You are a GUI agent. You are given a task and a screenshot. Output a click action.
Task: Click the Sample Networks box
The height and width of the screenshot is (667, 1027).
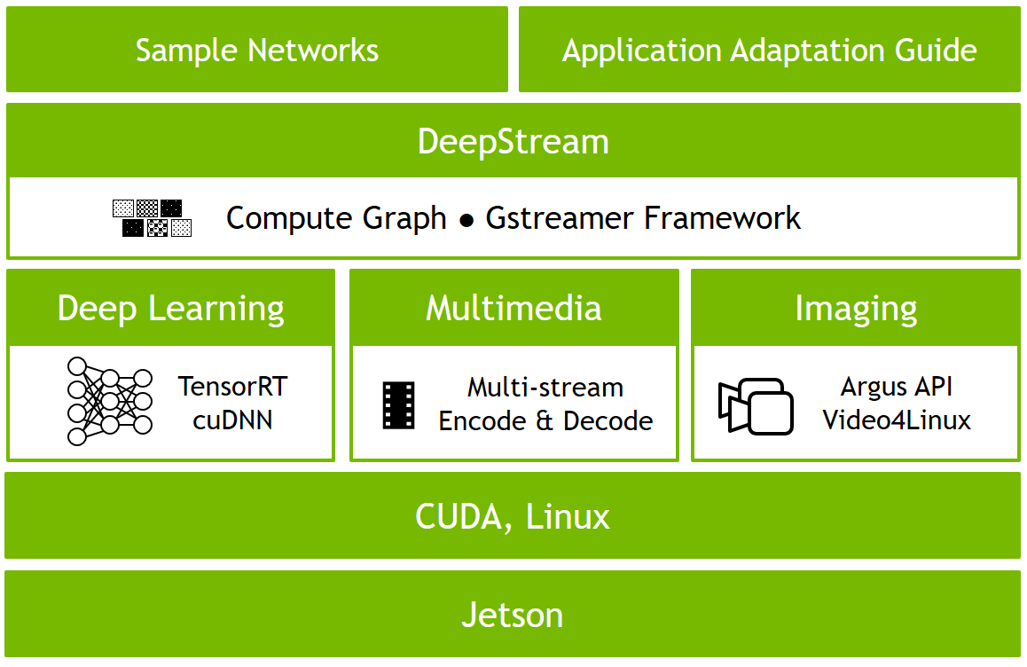257,50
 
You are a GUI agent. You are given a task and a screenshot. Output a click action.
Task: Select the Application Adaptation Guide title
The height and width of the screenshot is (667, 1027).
769,50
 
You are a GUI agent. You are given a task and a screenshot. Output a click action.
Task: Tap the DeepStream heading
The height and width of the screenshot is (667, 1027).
513,142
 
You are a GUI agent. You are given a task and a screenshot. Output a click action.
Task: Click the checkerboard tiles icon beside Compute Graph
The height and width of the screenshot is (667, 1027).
153,218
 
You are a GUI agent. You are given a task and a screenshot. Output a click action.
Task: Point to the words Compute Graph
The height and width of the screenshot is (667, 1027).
336,218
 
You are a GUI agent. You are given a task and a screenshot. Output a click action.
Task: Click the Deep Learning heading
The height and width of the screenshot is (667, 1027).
171,309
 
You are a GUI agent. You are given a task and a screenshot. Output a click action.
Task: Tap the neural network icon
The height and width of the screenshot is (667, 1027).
109,401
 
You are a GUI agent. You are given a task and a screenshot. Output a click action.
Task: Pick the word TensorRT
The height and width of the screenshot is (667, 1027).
233,387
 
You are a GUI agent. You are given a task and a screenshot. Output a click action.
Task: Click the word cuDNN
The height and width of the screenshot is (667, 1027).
232,419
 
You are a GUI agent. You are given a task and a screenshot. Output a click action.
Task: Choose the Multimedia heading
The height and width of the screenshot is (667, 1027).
513,309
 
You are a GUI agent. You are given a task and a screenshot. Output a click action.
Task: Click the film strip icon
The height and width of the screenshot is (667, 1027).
398,405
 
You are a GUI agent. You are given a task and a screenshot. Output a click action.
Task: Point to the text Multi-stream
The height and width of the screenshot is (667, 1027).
545,388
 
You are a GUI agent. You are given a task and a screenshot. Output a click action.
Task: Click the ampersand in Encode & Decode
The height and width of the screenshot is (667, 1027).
545,420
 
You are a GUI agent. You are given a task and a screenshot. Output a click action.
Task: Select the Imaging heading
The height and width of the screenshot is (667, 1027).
856,309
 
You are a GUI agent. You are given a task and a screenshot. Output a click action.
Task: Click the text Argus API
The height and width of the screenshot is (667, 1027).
897,388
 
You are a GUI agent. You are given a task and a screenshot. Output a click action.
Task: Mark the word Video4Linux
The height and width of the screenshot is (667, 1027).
897,420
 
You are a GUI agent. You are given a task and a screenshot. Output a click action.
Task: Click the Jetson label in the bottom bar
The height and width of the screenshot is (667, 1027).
513,615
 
